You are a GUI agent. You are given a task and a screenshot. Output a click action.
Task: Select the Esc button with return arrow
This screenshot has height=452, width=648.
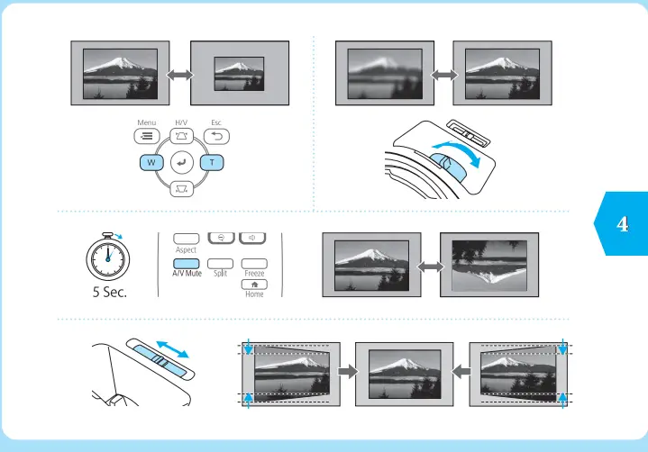click(216, 137)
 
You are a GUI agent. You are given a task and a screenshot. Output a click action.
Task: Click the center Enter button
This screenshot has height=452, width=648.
click(182, 163)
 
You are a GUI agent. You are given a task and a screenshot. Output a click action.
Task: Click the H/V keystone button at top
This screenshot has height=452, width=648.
click(182, 137)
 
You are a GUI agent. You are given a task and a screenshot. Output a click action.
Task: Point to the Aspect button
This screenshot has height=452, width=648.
click(187, 237)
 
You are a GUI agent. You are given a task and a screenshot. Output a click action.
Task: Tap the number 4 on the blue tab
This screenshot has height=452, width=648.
click(621, 224)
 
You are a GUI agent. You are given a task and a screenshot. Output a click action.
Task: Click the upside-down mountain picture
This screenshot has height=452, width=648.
click(488, 264)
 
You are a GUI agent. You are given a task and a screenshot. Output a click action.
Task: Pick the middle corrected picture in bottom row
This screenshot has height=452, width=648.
click(404, 375)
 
